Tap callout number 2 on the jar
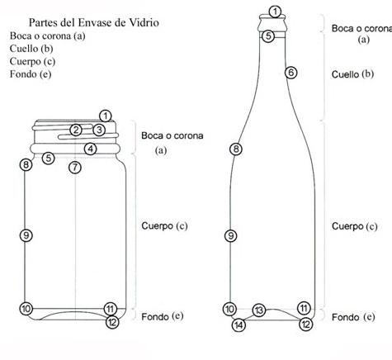(x=75, y=130)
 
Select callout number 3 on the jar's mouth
(x=98, y=130)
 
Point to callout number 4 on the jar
(x=91, y=149)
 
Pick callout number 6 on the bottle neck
(x=290, y=73)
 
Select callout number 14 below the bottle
(x=239, y=324)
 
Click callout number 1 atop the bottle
(x=276, y=12)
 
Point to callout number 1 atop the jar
(x=105, y=116)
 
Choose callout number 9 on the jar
(x=26, y=235)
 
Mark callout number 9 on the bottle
(x=230, y=235)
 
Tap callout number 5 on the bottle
(x=268, y=36)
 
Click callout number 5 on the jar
(x=49, y=158)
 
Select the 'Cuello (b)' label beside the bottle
(x=352, y=73)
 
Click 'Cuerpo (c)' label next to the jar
(x=165, y=225)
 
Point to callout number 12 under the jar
(x=112, y=322)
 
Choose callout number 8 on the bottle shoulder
(x=236, y=149)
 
